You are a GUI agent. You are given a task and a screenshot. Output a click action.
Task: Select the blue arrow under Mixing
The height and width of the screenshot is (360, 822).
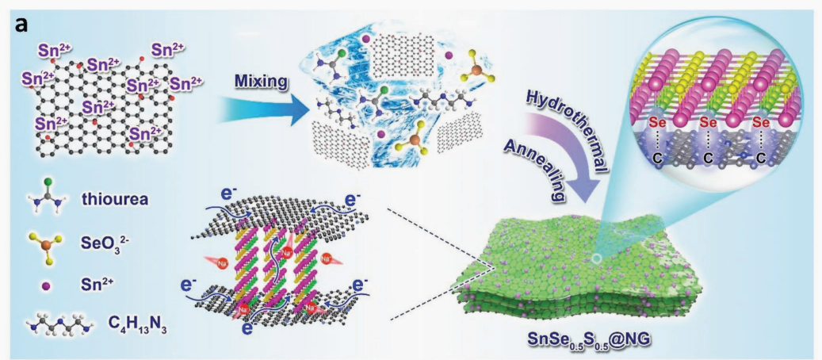pyautogui.click(x=252, y=111)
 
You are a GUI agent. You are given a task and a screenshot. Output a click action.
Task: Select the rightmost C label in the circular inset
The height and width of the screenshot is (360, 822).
pyautogui.click(x=762, y=158)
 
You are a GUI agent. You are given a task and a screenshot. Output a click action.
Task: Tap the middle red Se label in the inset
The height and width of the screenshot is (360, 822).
pyautogui.click(x=708, y=124)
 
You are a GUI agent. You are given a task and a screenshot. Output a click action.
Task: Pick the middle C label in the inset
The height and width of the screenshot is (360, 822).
pyautogui.click(x=707, y=158)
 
